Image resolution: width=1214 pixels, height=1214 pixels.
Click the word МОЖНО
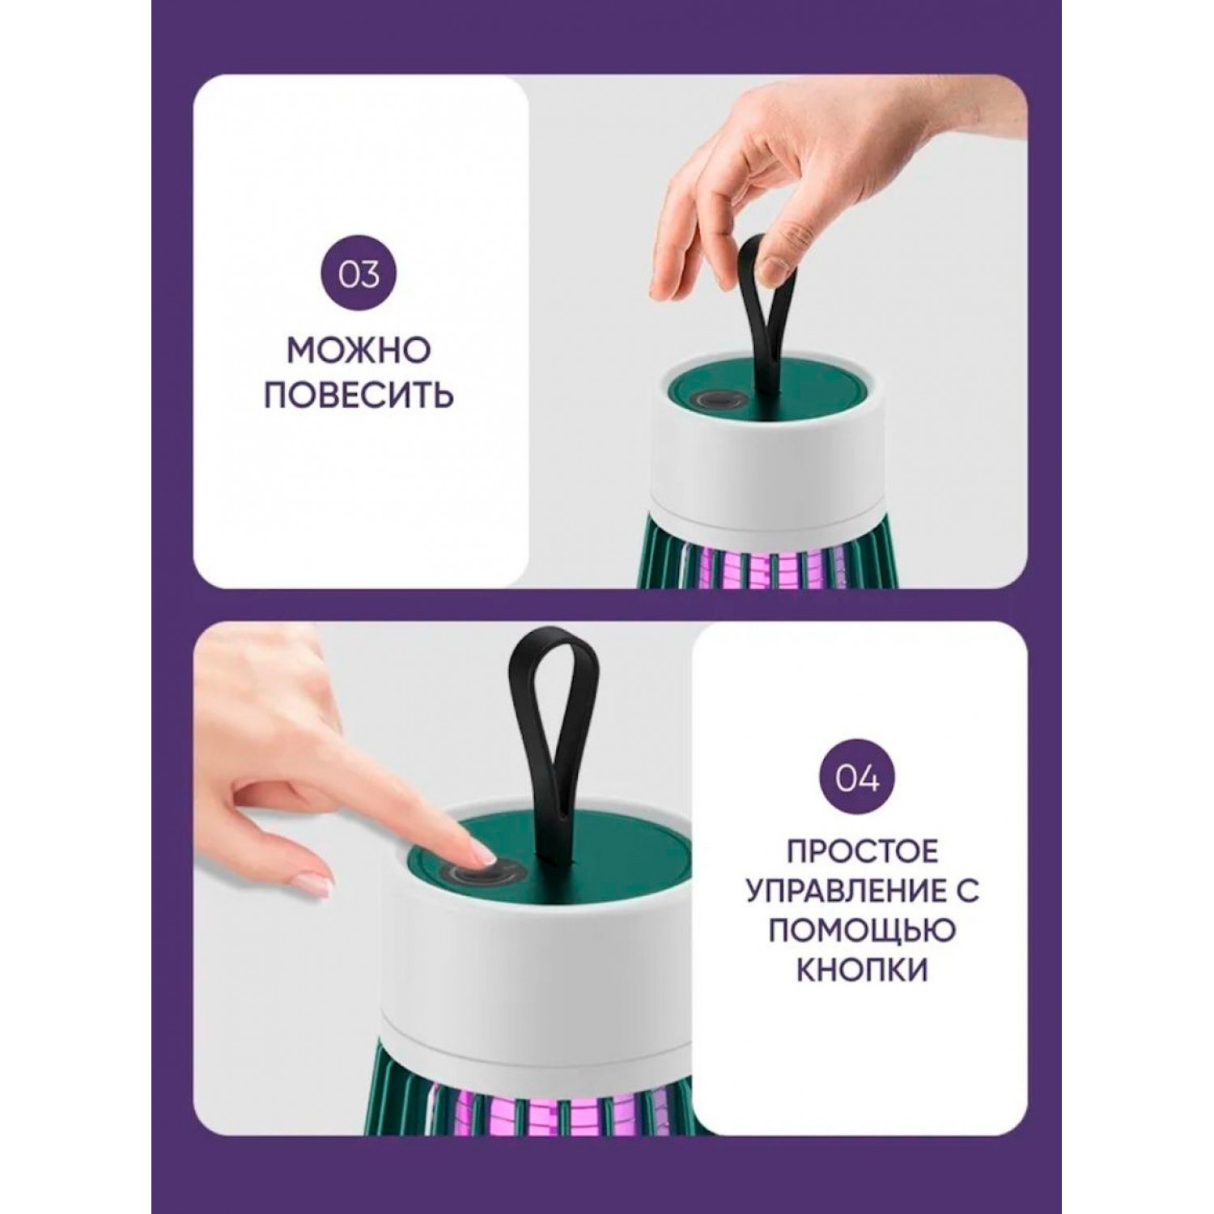(359, 351)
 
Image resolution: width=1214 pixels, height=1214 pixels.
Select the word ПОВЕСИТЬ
(359, 396)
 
